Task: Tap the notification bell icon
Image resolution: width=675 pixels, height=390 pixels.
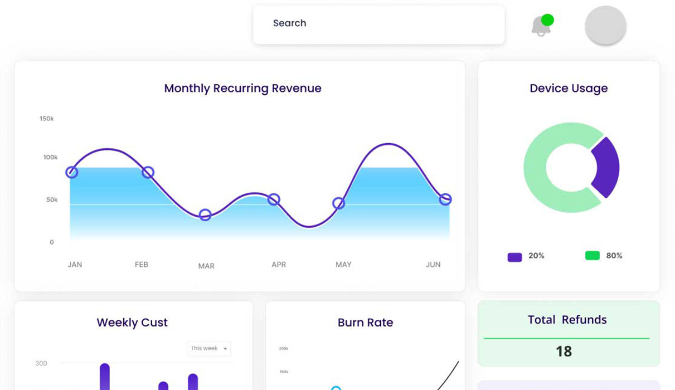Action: tap(541, 26)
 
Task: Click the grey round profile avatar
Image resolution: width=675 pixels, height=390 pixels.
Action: tap(605, 26)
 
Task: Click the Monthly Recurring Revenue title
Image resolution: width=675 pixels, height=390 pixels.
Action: tap(242, 88)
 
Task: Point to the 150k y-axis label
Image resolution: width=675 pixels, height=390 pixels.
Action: tap(46, 119)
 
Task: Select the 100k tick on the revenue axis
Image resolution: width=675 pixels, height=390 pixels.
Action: tap(50, 158)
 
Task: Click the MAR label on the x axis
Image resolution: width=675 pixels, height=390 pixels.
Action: tap(206, 266)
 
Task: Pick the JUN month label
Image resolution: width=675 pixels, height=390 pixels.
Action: tap(433, 265)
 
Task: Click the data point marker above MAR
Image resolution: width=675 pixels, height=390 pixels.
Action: tap(205, 215)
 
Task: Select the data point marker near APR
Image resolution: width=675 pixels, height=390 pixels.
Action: tap(274, 199)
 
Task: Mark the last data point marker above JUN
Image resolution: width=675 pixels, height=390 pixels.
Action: tap(445, 199)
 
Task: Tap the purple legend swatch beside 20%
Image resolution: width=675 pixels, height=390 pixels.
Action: tap(514, 257)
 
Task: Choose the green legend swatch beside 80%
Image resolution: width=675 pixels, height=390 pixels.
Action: tap(593, 256)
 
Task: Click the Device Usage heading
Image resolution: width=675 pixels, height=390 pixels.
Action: tap(569, 88)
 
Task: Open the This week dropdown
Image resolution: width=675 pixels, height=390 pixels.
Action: tap(208, 349)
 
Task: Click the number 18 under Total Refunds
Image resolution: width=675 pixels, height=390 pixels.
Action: tap(564, 352)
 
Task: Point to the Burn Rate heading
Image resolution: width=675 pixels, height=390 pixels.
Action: tap(365, 323)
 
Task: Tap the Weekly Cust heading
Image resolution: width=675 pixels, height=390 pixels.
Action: tap(132, 323)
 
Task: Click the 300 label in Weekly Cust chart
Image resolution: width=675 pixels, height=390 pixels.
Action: tap(41, 363)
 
